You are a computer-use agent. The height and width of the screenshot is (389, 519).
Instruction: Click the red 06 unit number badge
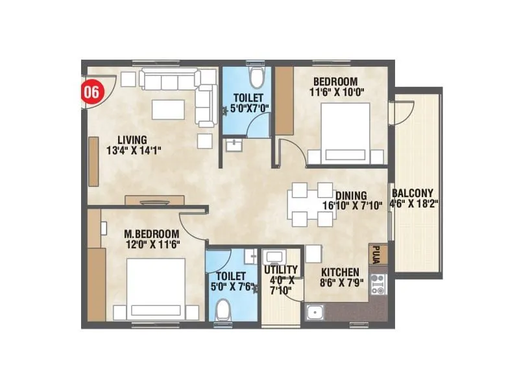pyautogui.click(x=91, y=91)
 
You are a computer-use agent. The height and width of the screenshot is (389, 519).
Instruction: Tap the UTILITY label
pyautogui.click(x=281, y=270)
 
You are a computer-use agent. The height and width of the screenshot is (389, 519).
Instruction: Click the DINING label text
pyautogui.click(x=350, y=195)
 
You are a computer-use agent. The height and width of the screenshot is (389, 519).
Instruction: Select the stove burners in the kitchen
pyautogui.click(x=378, y=285)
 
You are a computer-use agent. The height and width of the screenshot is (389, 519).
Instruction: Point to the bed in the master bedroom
pyautogui.click(x=156, y=289)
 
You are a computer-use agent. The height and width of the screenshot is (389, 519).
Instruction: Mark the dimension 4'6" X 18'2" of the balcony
pyautogui.click(x=415, y=203)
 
